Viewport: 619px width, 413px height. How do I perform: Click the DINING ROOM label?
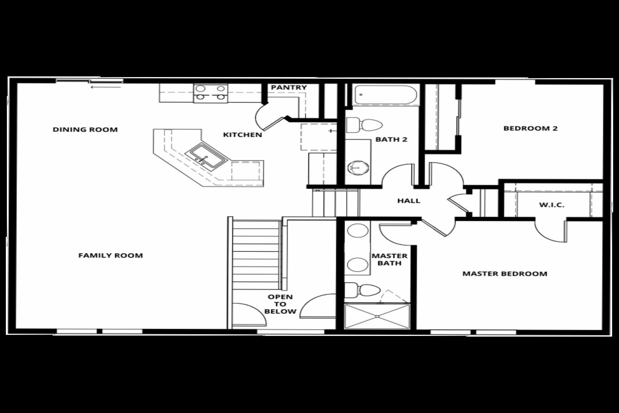(x=85, y=130)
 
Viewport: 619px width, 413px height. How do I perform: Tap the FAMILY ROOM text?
(x=110, y=255)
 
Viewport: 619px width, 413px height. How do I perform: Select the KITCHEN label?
(x=242, y=135)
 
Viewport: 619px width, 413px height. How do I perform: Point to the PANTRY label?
(x=289, y=87)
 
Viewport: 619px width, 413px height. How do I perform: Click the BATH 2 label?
(x=391, y=139)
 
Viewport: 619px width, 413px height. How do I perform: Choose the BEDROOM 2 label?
(x=530, y=128)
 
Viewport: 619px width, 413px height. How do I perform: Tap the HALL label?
(x=409, y=201)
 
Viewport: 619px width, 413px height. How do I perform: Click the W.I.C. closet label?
(x=552, y=205)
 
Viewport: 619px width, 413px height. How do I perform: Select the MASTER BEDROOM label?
(x=504, y=274)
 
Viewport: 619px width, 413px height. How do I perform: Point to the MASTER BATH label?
(x=389, y=260)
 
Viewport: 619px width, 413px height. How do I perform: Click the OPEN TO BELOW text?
(x=280, y=304)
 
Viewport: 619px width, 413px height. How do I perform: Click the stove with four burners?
(x=210, y=93)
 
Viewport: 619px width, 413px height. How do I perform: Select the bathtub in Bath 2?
(x=385, y=94)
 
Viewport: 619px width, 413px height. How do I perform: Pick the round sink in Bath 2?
(x=358, y=168)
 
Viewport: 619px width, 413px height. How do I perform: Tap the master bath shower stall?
(x=377, y=316)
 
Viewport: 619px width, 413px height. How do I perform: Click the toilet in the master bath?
(x=362, y=290)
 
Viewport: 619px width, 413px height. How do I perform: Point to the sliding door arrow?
(x=106, y=87)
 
